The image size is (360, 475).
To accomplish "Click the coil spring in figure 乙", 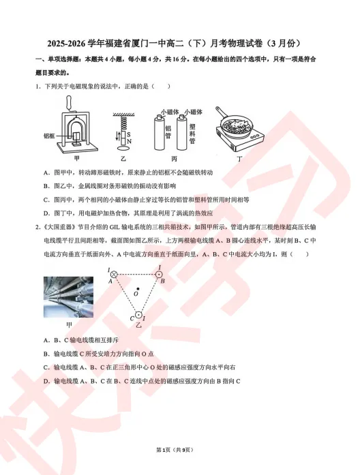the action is (x=125, y=122).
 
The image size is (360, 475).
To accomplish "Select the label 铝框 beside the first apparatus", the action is (x=48, y=136).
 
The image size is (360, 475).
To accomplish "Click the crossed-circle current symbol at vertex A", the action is (x=115, y=275).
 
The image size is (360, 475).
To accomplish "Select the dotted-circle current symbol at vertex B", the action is (x=160, y=275).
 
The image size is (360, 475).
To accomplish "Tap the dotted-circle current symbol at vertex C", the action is (x=137, y=315).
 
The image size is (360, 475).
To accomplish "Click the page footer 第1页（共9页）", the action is (x=180, y=450).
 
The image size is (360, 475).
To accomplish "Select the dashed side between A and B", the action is (x=137, y=275).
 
